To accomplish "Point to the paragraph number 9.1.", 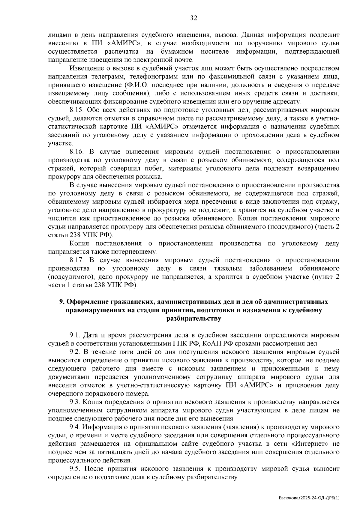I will pos(75,335).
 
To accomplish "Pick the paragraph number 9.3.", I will pos(75,402).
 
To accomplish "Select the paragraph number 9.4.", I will pos(75,427).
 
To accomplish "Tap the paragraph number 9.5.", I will pos(75,469).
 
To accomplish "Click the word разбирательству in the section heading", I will pos(193,319).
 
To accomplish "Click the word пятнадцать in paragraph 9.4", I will pos(114,452).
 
